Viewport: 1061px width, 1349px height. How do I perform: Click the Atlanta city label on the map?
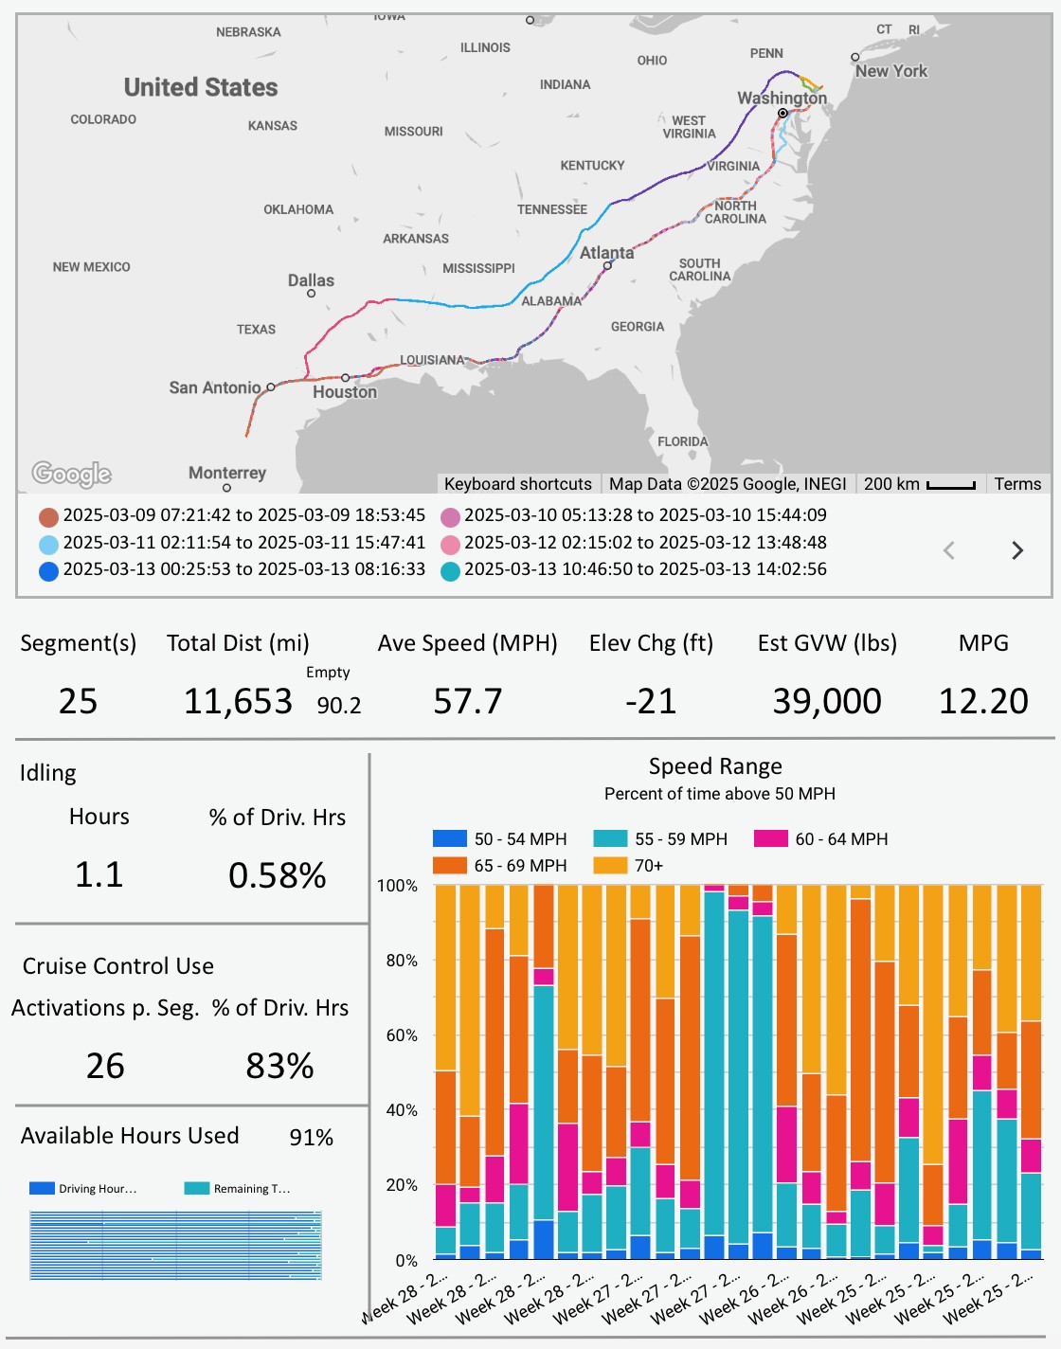[x=606, y=253]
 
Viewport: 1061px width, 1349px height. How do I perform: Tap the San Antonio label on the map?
[x=215, y=387]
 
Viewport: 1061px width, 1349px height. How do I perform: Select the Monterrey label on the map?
[x=227, y=473]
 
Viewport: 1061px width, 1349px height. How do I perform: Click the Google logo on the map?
[x=71, y=474]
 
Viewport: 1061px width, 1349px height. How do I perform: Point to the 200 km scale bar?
[x=950, y=485]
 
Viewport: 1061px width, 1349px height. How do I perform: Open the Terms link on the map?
[x=1017, y=484]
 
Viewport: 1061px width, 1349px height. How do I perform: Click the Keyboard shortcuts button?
[x=517, y=484]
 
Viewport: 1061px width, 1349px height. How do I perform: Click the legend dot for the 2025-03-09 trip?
[x=48, y=516]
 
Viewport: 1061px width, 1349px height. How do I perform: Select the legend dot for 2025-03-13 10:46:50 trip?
[x=450, y=570]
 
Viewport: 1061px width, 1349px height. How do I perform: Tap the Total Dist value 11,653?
[x=238, y=701]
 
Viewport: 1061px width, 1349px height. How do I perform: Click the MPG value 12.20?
[x=982, y=701]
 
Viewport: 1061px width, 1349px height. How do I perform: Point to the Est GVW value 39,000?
[x=826, y=701]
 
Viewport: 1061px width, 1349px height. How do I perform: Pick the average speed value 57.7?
[x=467, y=701]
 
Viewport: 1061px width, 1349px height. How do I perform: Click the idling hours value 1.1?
[x=99, y=874]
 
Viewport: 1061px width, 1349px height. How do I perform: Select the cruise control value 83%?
[x=279, y=1066]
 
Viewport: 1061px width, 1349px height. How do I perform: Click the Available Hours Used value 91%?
[x=311, y=1138]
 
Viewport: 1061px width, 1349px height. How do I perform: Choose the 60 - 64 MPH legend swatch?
[x=771, y=839]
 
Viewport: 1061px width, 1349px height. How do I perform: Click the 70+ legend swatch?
[x=610, y=866]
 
